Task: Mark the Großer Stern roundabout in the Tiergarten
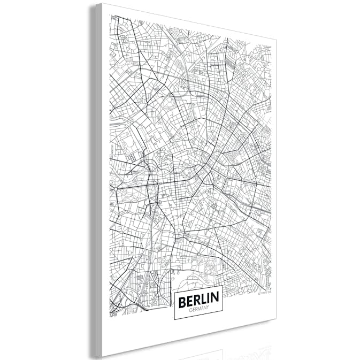coord(115,189)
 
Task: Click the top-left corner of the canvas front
coord(102,4)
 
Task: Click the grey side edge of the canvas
coord(96,177)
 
